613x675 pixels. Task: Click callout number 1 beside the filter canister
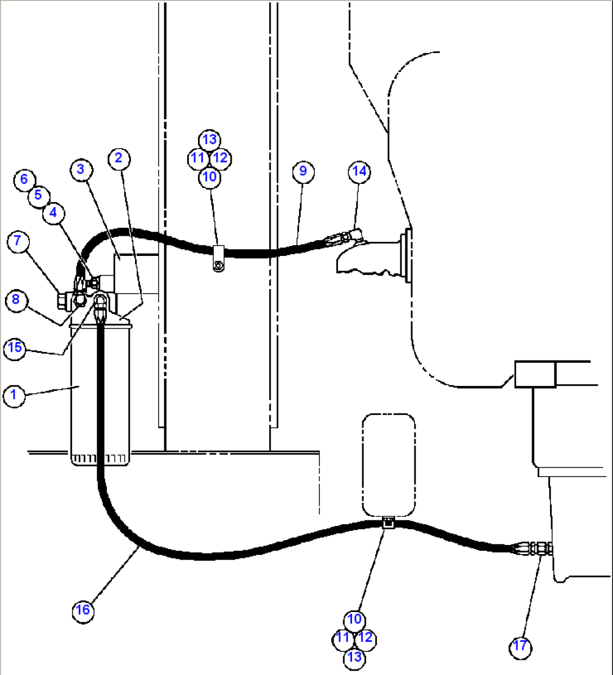click(x=13, y=395)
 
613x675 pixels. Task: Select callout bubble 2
click(x=118, y=158)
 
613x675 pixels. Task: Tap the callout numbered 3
click(x=81, y=169)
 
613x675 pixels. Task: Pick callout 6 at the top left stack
click(x=24, y=179)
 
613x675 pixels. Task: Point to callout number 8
click(x=15, y=299)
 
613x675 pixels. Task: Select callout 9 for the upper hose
click(x=303, y=170)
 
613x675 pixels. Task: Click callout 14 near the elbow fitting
click(x=359, y=171)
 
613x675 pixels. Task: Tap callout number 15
click(x=15, y=348)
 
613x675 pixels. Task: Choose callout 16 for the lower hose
click(x=83, y=610)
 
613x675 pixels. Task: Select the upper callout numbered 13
click(x=209, y=139)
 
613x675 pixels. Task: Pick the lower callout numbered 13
click(x=354, y=656)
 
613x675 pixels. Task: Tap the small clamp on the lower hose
click(x=388, y=523)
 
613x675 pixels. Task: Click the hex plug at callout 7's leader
click(x=64, y=300)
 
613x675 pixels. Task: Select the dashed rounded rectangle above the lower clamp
click(x=389, y=465)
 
